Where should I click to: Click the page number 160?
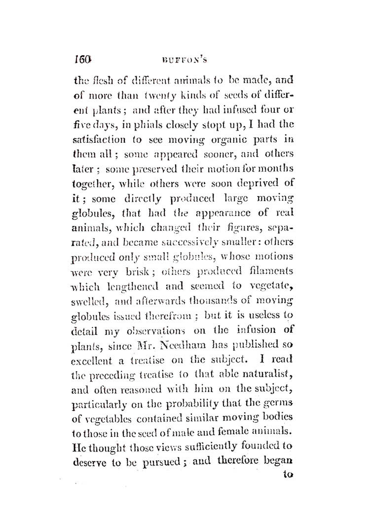(x=83, y=61)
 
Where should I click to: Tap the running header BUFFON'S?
(x=184, y=62)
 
